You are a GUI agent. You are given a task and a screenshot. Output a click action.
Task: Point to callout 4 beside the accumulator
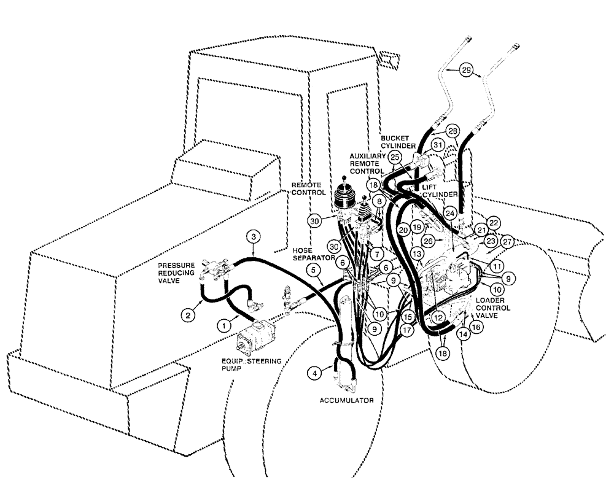click(313, 372)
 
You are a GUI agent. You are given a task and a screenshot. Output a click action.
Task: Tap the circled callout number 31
click(437, 145)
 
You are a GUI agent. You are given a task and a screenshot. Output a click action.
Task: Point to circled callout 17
click(406, 329)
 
